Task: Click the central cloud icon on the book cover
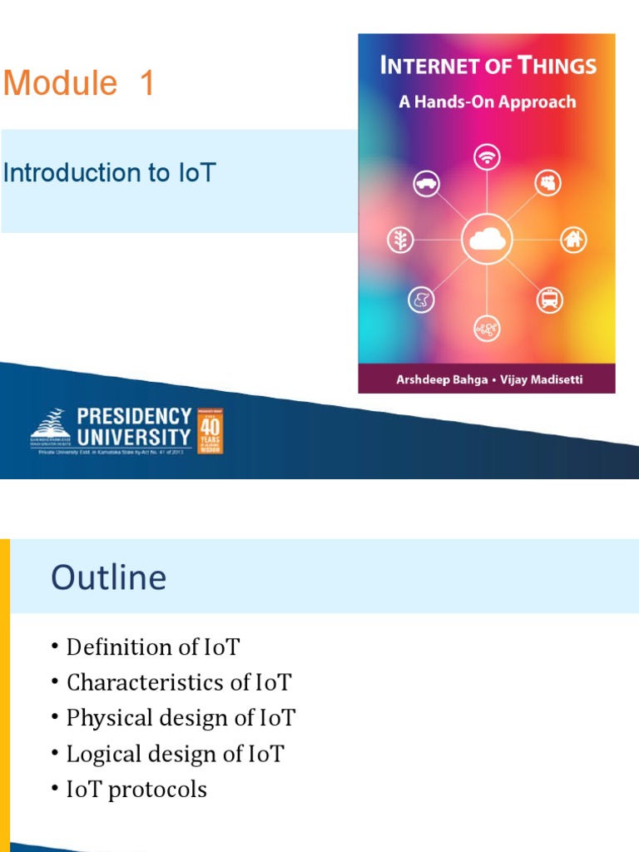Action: click(x=486, y=240)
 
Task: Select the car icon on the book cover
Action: click(x=426, y=183)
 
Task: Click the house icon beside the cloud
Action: click(x=572, y=240)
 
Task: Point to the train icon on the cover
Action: click(x=549, y=299)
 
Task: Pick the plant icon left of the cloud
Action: click(x=400, y=240)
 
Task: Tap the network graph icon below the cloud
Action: click(x=486, y=328)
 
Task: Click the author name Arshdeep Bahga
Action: click(x=436, y=379)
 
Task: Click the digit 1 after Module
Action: click(x=147, y=84)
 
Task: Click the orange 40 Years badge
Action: click(x=209, y=430)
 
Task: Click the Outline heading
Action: click(x=108, y=577)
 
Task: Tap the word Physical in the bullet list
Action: click(x=109, y=718)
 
